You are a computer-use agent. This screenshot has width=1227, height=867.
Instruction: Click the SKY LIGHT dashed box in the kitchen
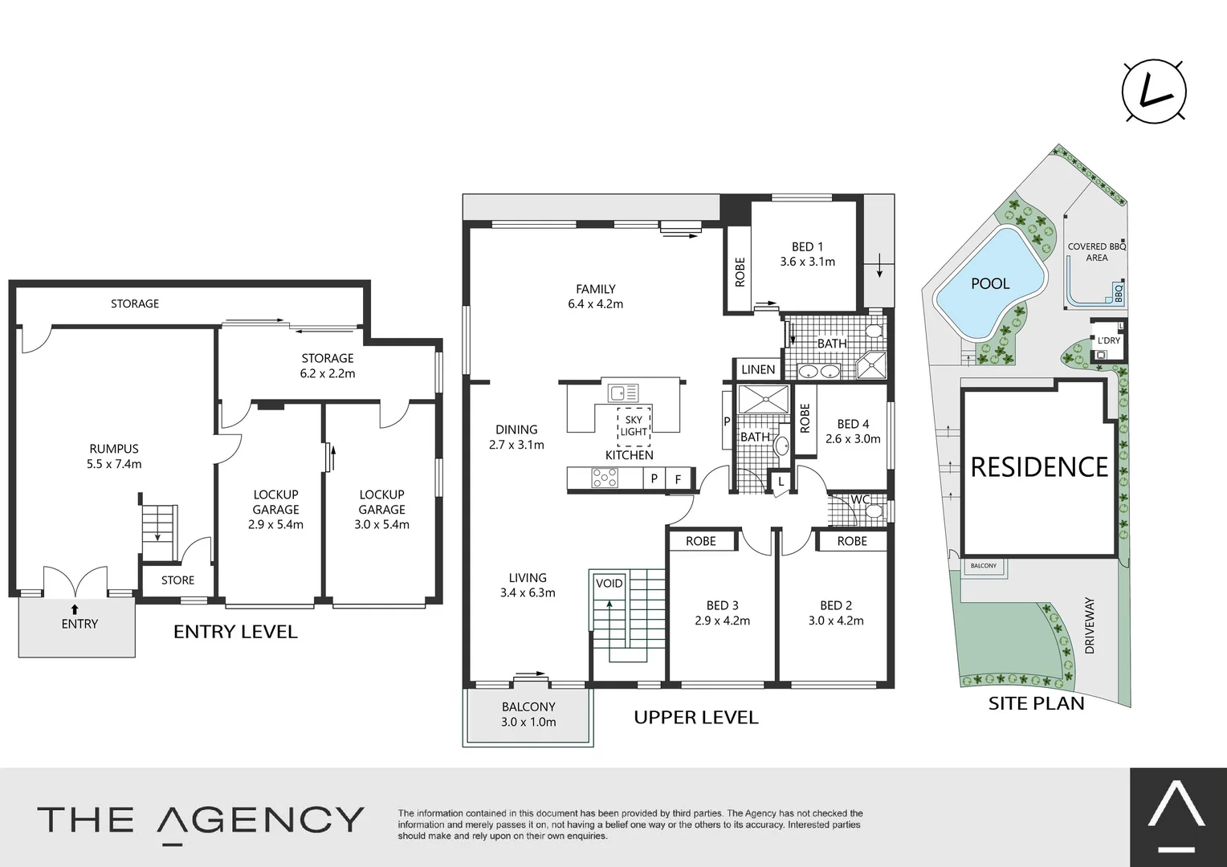click(x=634, y=425)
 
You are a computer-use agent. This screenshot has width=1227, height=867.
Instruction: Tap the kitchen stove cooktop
click(x=604, y=478)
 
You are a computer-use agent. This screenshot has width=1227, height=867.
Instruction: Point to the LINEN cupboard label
click(x=758, y=369)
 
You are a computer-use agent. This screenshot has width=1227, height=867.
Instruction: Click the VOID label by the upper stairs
click(x=609, y=584)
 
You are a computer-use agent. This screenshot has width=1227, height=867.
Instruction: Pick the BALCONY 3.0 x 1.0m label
click(x=528, y=714)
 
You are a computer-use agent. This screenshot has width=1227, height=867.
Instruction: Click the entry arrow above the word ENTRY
click(x=75, y=609)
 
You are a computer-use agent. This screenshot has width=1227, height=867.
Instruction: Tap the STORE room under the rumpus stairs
click(x=177, y=580)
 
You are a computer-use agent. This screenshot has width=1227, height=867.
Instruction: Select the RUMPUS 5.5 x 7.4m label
click(x=114, y=456)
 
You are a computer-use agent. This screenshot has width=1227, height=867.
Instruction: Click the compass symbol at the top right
click(x=1154, y=92)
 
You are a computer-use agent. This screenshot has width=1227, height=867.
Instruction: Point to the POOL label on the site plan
click(x=990, y=283)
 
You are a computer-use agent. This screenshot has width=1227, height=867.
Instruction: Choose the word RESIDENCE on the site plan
click(x=1039, y=467)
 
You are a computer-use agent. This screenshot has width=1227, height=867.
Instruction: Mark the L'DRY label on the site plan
click(x=1108, y=341)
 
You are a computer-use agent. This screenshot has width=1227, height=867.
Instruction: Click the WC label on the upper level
click(x=860, y=499)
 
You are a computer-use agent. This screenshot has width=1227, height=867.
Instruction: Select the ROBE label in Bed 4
click(x=805, y=418)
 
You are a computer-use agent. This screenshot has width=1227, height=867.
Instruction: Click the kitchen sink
click(x=622, y=393)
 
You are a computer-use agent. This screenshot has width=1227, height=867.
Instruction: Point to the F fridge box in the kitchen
click(x=678, y=479)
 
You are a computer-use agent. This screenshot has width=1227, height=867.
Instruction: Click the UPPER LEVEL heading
click(x=695, y=717)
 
